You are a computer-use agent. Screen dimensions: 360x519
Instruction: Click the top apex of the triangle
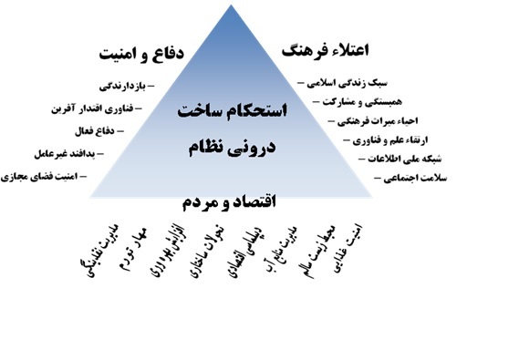click(x=258, y=5)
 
